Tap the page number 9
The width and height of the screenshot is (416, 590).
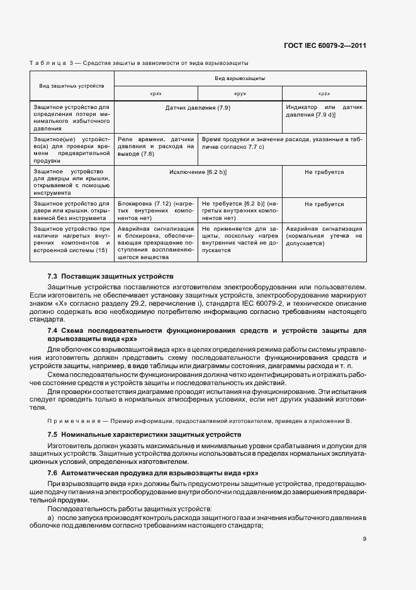coord(364,539)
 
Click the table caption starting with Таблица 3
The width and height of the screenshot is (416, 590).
coord(139,63)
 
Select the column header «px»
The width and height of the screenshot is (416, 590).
coord(156,93)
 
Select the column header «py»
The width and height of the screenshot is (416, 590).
coord(240,93)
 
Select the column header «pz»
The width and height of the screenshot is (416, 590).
coord(324,93)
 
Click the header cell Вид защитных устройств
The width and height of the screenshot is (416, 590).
coord(72,85)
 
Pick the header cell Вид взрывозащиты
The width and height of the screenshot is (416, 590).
coord(240,78)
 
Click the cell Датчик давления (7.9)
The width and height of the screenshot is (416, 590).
coord(198,108)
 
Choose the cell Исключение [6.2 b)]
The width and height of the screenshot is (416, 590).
coord(198,171)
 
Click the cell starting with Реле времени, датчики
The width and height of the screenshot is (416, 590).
coord(155,146)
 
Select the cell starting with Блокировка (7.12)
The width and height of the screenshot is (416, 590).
coord(155,210)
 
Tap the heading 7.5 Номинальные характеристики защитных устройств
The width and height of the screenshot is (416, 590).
coord(144,435)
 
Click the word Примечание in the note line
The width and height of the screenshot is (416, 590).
coord(67,420)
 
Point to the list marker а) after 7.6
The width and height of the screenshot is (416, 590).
coord(51,518)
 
